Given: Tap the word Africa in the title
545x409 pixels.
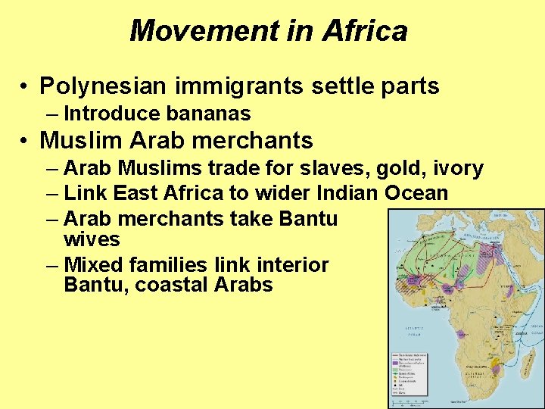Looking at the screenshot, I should point(365,31).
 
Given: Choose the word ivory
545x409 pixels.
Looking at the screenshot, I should point(456,167).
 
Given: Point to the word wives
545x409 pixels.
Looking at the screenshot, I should point(92,240).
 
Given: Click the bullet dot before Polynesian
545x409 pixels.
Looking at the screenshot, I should point(25,87).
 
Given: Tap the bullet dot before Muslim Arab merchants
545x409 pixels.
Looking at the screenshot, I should point(25,141).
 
